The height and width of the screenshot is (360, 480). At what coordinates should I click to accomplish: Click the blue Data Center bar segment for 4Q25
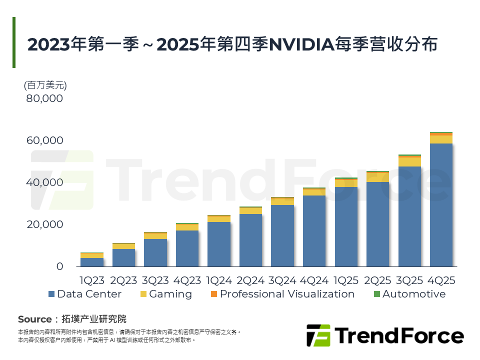441,205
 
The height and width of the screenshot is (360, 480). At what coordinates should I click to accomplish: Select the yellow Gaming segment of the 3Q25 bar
409,161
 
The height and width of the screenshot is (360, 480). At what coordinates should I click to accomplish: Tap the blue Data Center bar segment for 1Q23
92,262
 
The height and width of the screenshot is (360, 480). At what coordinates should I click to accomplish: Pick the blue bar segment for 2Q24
250,240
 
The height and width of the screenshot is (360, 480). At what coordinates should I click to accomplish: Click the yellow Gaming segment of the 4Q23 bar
187,227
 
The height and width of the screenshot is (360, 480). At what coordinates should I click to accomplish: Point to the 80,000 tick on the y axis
44,98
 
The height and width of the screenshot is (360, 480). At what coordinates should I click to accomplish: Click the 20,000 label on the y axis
44,224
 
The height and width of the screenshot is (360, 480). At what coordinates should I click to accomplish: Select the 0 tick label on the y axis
59,266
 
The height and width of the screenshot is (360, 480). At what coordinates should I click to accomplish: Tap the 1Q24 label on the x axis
218,279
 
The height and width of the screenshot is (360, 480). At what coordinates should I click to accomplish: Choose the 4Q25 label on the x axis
441,279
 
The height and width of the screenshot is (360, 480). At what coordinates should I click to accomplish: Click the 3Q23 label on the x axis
155,279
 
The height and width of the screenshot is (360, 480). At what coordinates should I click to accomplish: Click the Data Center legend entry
84,294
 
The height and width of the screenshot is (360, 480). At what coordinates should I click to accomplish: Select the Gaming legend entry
165,294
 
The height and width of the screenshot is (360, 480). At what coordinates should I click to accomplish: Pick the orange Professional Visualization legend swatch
213,294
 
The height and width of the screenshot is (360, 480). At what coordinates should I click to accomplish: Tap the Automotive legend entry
409,294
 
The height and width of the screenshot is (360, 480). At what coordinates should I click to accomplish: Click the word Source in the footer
34,319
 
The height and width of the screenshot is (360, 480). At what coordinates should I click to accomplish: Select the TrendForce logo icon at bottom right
318,335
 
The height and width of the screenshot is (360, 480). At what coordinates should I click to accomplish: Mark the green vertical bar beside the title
14,42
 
